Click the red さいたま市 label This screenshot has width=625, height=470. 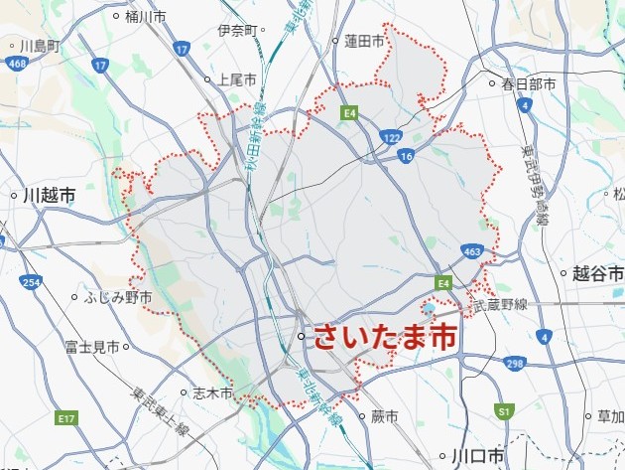coord(385,337)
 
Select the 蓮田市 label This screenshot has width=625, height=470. coord(363,41)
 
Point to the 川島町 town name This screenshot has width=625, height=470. coord(40,46)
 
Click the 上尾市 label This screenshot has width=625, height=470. coord(237,79)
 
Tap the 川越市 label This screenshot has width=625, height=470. coord(48,197)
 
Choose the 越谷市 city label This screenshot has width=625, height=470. coord(597,273)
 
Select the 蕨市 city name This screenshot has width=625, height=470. coord(383,416)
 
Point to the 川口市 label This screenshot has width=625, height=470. coord(477,456)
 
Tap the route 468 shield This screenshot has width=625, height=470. coord(15,64)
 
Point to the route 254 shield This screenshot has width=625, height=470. coord(32,284)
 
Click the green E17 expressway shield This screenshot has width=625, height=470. coord(66,418)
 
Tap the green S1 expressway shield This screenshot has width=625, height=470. coord(504,410)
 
